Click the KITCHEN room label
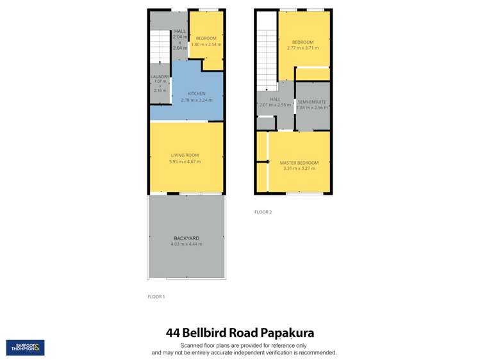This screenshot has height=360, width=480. pyautogui.click(x=196, y=94)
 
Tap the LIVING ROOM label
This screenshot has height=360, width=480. pyautogui.click(x=186, y=156)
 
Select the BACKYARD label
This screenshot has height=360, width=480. pyautogui.click(x=186, y=238)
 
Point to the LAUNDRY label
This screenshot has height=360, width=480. pyautogui.click(x=160, y=78)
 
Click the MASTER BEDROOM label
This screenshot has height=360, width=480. pyautogui.click(x=299, y=163)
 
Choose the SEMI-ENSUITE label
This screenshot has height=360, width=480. pyautogui.click(x=311, y=102)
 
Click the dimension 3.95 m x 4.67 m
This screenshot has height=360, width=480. pyautogui.click(x=186, y=161)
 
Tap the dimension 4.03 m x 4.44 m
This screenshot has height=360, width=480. pyautogui.click(x=186, y=244)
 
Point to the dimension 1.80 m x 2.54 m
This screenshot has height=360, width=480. pyautogui.click(x=205, y=44)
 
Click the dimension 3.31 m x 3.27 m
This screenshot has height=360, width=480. pyautogui.click(x=299, y=168)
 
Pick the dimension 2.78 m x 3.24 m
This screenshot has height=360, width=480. pyautogui.click(x=196, y=100)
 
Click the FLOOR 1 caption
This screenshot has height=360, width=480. pyautogui.click(x=156, y=297)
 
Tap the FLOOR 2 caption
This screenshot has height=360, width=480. pyautogui.click(x=263, y=212)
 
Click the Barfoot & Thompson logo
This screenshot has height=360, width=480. pyautogui.click(x=25, y=348)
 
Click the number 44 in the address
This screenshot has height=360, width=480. pyautogui.click(x=173, y=333)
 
